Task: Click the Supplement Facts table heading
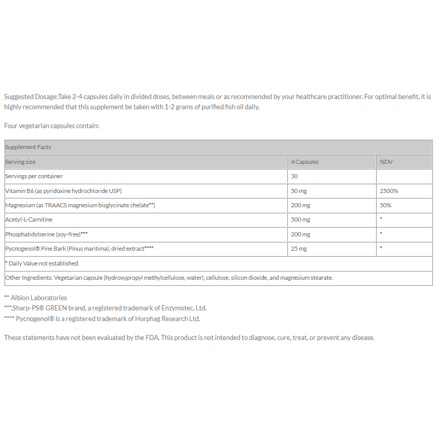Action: tap(28, 147)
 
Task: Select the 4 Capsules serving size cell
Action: tap(305, 162)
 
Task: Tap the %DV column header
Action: tap(386, 162)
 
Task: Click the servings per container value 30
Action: tap(295, 176)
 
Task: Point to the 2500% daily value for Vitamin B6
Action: tap(389, 191)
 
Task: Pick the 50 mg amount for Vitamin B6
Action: tap(299, 191)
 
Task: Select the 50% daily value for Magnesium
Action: tap(385, 205)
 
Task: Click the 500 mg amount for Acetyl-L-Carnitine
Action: tap(301, 220)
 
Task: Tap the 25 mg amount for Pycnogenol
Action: tap(299, 249)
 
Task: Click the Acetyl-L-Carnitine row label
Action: tap(29, 220)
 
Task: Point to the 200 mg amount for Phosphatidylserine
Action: tap(301, 234)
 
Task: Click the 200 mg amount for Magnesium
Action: tap(301, 205)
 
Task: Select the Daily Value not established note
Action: tap(43, 263)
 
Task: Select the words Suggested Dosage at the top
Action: tap(30, 96)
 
